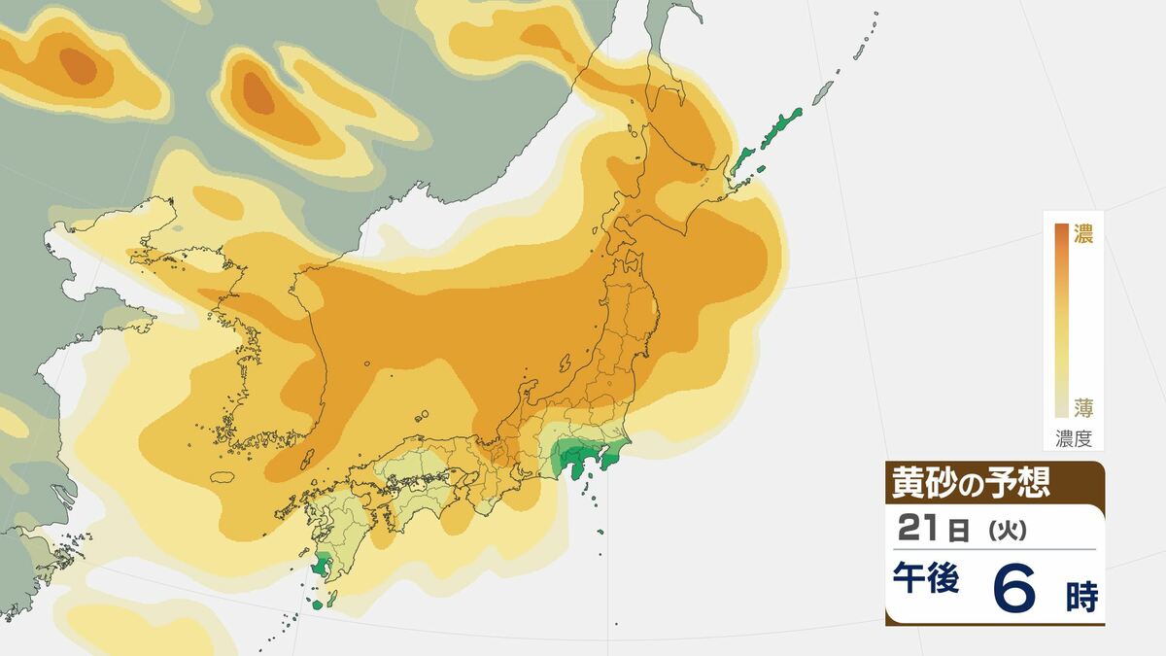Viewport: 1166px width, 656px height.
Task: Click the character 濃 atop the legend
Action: [1083, 234]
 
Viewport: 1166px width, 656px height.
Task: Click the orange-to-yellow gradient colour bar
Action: [1061, 321]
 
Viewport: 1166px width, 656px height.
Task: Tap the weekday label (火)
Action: [1001, 531]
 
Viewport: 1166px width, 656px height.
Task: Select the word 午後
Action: [926, 582]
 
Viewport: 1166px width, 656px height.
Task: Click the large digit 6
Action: [1016, 589]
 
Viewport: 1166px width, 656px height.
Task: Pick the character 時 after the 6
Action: [1080, 596]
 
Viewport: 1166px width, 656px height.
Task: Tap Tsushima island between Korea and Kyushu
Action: [307, 458]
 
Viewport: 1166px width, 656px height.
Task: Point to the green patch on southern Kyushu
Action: [321, 565]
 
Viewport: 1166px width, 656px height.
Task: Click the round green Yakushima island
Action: [318, 604]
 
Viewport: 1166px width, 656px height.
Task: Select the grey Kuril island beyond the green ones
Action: [823, 93]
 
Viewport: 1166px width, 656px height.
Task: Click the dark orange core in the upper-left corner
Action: [78, 65]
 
